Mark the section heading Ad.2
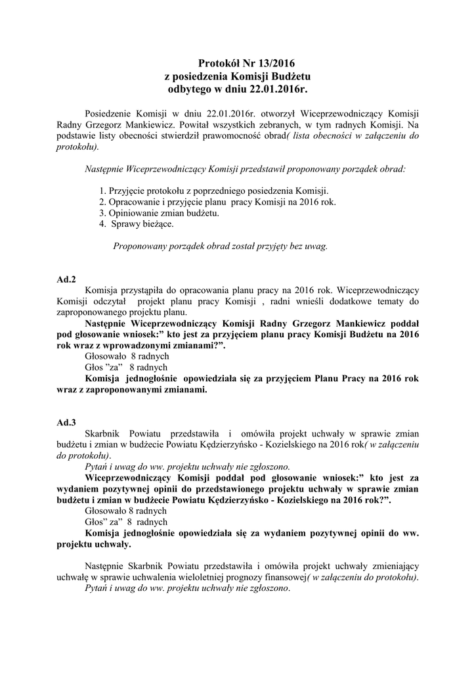click(x=66, y=279)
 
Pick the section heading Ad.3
click(x=66, y=422)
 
